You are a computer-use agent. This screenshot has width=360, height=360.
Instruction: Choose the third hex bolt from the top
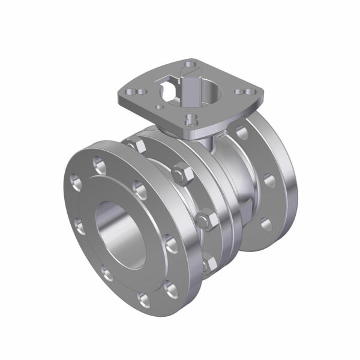coord(206,218)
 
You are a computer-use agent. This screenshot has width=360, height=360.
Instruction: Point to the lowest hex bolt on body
coord(209,264)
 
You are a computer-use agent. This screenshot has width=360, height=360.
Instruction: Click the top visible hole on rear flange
coord(242,131)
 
